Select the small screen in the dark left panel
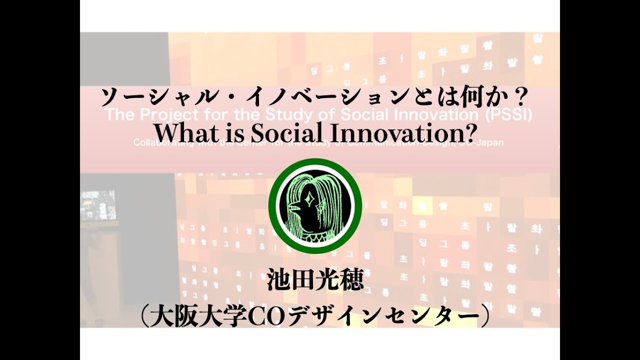98,205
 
